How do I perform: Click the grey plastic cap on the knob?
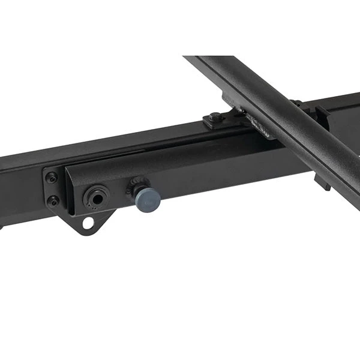point(148,199)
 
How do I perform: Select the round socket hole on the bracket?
point(96,196)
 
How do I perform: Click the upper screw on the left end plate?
point(52,178)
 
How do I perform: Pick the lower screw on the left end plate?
point(53,200)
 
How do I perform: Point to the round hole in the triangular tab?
point(88,223)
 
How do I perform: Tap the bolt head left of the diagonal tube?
point(216,118)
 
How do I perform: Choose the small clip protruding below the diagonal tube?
point(322,180)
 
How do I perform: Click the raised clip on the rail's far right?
point(323,112)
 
